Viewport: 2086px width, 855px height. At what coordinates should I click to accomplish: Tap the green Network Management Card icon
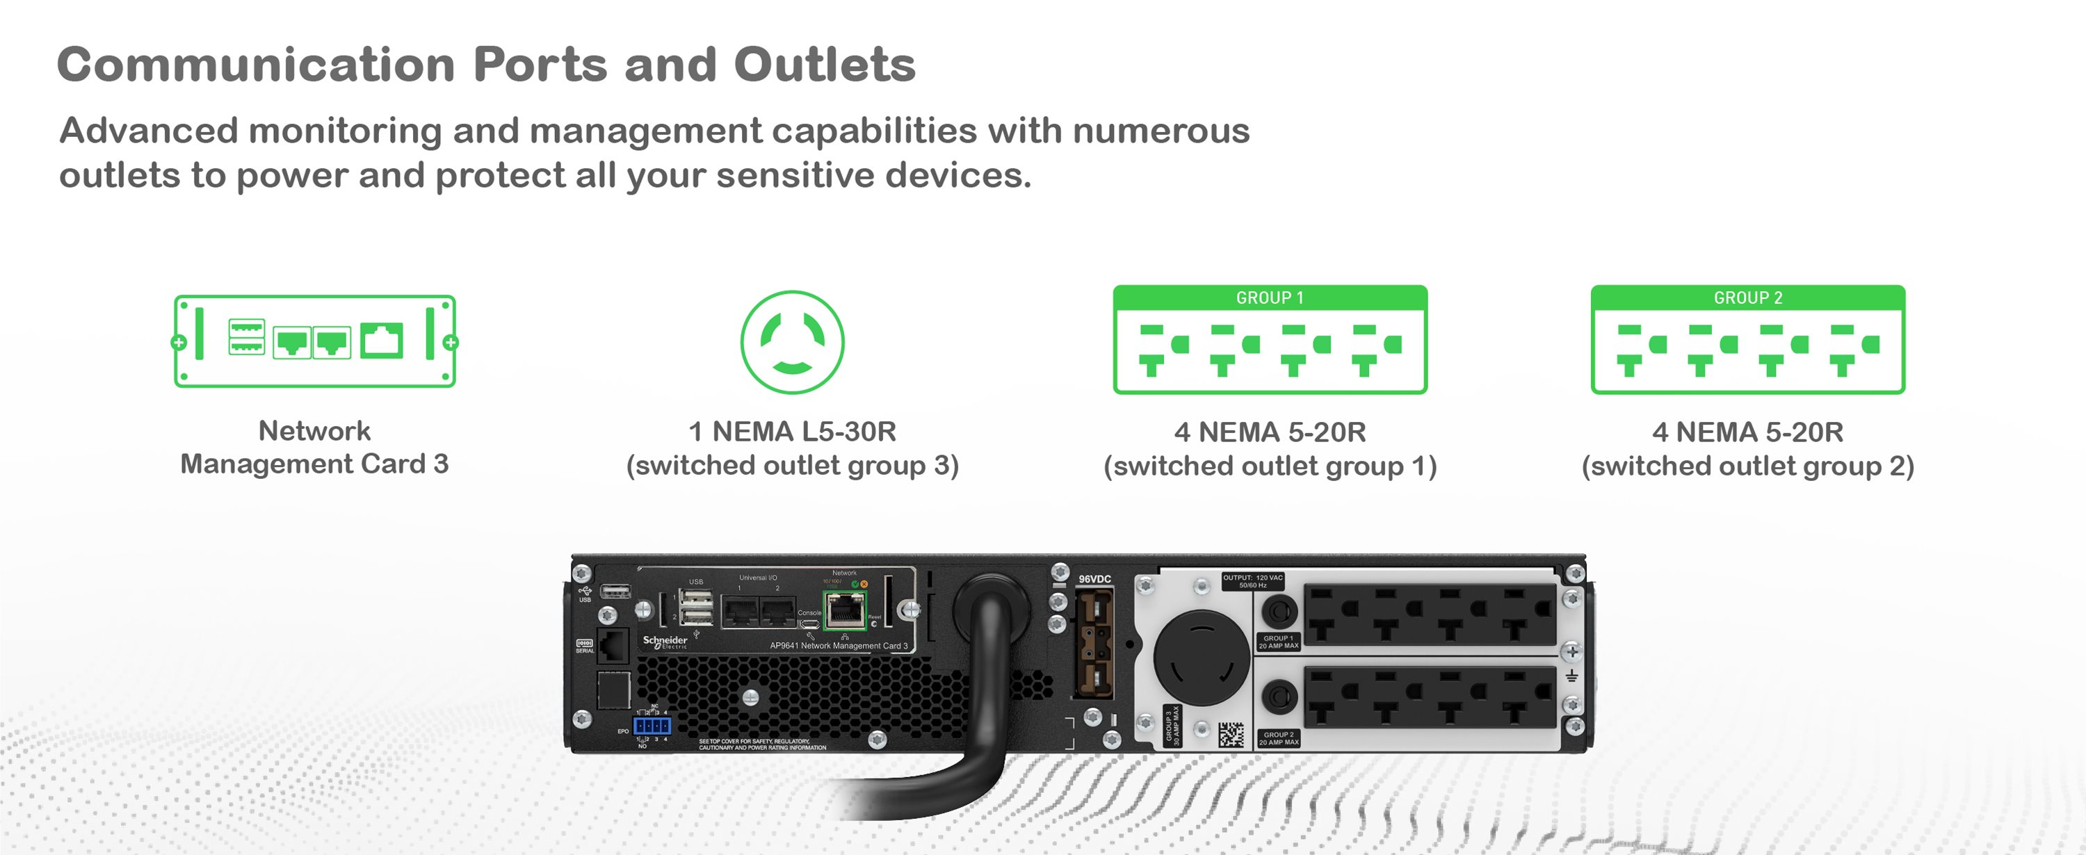pos(314,341)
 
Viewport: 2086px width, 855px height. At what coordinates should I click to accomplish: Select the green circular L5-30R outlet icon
pos(792,342)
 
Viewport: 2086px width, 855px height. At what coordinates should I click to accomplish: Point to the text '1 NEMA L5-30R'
pos(792,432)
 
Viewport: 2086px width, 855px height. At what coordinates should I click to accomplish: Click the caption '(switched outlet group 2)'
pos(1747,466)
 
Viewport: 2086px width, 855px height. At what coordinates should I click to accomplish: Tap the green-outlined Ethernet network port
pos(844,610)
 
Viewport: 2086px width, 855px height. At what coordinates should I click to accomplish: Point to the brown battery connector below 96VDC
pos(1093,644)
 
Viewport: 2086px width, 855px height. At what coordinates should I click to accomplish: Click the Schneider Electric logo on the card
pos(665,641)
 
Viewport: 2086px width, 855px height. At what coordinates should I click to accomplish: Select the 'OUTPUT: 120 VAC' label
pos(1252,580)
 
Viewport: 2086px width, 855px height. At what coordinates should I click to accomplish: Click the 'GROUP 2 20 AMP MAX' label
pos(1278,738)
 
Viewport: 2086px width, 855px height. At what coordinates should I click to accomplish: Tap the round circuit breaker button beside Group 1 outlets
pos(1279,611)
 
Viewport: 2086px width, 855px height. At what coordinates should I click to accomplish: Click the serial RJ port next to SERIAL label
pos(613,646)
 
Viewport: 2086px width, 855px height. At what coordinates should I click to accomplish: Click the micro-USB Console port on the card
pos(809,624)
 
